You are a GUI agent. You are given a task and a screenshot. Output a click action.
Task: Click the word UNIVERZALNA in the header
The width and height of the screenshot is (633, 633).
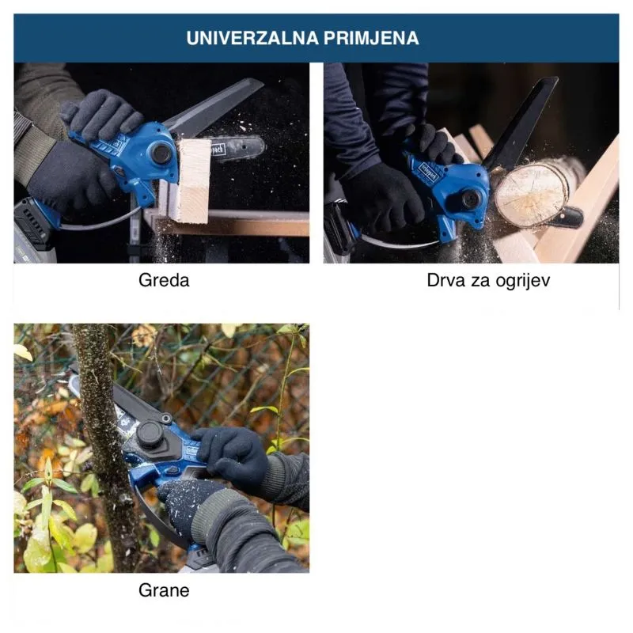coord(252,38)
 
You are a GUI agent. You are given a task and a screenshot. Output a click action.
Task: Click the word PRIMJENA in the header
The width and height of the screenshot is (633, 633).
coord(371,38)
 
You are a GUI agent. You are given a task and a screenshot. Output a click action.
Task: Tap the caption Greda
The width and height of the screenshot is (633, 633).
coord(164,280)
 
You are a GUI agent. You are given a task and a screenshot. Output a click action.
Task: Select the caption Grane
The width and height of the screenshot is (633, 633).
coord(164,590)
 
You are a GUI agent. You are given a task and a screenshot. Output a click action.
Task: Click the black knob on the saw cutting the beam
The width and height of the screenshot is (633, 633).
coord(161,153)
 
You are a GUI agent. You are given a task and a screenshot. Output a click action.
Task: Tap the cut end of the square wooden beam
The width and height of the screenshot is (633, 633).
coord(195,180)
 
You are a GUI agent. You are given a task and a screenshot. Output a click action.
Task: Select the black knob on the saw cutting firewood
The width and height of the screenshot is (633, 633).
coord(470,199)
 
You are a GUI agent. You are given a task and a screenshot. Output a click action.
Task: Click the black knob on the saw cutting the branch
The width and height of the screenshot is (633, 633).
coord(150,435)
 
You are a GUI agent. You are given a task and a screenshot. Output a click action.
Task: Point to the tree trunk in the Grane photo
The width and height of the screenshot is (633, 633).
coord(106,444)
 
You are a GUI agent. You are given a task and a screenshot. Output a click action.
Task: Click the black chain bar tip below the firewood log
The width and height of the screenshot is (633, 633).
coord(570,217)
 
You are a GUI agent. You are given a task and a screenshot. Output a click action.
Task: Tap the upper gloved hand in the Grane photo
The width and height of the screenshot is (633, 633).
coord(231,456)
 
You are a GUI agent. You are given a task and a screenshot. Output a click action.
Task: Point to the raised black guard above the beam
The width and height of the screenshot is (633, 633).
coord(214,107)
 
